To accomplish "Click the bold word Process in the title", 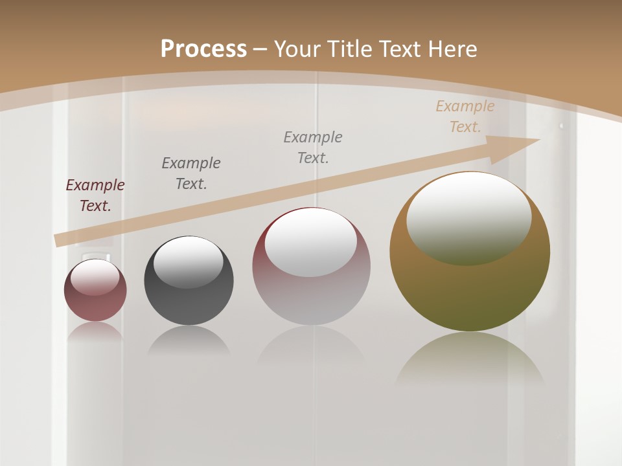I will click(x=203, y=49).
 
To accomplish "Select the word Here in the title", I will click(x=451, y=49).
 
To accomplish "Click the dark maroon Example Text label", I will click(x=95, y=195).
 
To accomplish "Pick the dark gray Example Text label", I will click(x=191, y=173).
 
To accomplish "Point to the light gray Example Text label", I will click(x=313, y=148).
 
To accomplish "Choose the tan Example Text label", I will click(x=465, y=116).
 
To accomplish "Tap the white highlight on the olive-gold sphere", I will click(x=469, y=217).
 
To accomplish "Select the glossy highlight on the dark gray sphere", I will click(x=189, y=261).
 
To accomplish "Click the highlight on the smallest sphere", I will click(x=95, y=276).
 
